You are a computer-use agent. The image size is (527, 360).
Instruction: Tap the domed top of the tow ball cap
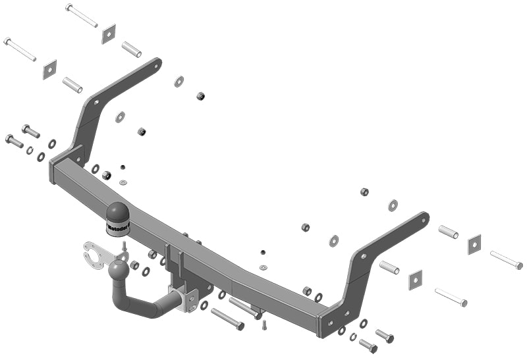point(118,210)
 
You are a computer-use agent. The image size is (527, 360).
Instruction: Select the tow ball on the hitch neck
point(118,270)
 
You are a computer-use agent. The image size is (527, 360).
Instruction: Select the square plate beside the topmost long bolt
point(109,34)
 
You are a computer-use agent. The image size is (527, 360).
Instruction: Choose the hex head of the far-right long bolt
point(519,266)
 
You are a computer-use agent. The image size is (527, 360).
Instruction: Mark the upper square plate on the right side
point(474,244)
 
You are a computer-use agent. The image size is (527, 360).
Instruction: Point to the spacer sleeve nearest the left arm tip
point(131,49)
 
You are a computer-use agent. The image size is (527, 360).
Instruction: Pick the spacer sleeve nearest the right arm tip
point(448,232)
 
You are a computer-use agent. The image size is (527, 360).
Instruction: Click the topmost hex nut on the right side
point(364,192)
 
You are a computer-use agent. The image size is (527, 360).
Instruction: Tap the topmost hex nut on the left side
point(200,96)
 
